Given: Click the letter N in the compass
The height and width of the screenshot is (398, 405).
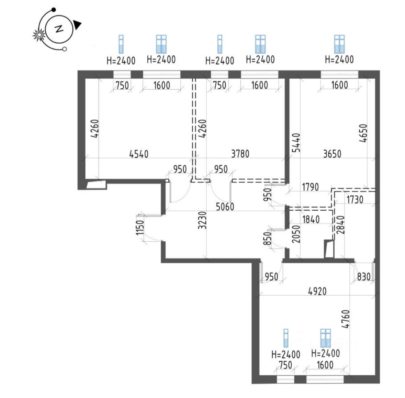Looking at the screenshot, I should (59, 29).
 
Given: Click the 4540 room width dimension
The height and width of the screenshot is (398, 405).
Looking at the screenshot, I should (139, 154).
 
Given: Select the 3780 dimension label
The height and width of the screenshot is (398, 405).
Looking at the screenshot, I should (240, 154).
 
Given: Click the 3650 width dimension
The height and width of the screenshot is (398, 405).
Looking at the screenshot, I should (332, 154).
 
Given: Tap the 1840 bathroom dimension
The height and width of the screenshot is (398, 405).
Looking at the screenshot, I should (311, 219).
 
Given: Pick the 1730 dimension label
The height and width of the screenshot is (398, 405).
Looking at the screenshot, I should (355, 199).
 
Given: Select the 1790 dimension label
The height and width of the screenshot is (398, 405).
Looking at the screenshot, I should (310, 187).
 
